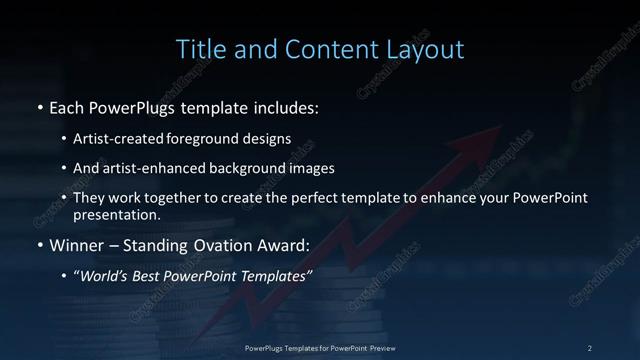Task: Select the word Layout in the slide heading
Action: [427, 49]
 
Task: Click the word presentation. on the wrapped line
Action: [116, 213]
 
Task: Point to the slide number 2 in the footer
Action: [590, 347]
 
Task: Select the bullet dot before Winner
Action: [39, 244]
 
